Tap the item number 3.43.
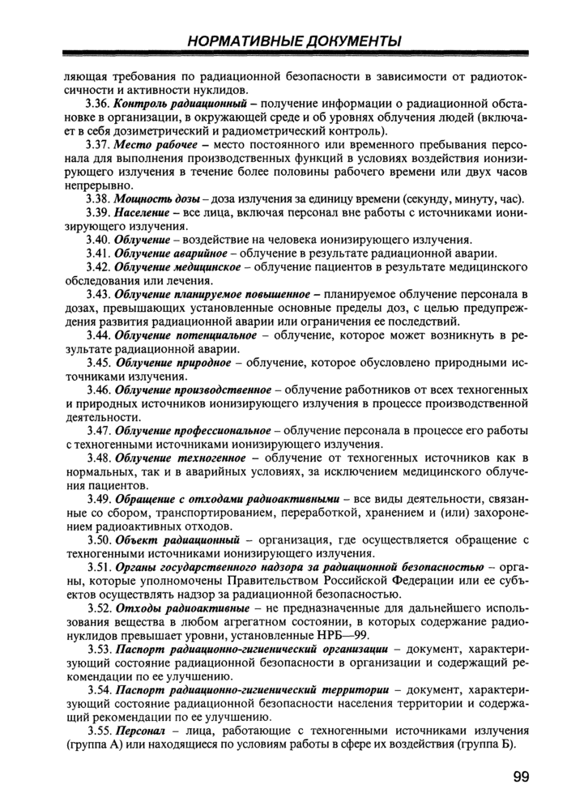click(98, 293)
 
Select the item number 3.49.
click(98, 497)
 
